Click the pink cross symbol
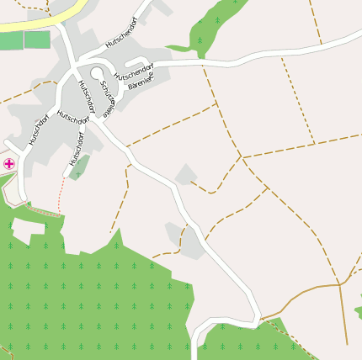tap(9, 163)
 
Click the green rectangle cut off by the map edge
tap(11, 40)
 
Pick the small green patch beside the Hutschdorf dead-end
tap(79, 167)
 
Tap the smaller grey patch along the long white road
tap(184, 174)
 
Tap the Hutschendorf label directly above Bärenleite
tap(134, 71)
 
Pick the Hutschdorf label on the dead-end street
tap(79, 146)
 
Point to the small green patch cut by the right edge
tap(358, 311)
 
